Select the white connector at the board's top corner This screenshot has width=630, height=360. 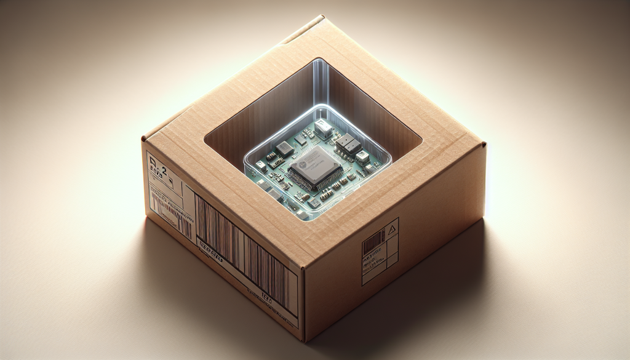(x=322, y=128)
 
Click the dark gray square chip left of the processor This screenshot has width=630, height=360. (x=284, y=148)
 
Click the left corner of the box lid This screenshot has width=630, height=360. (x=144, y=140)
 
